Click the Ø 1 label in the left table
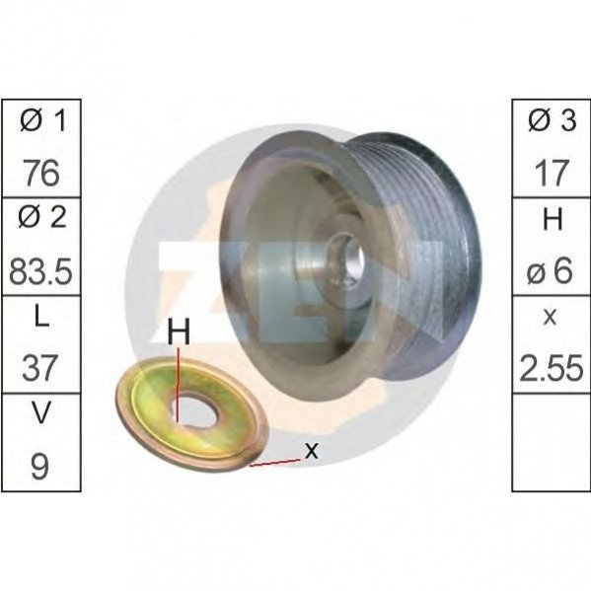pos(42,120)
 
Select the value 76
pos(41,173)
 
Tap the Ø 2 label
pos(42,217)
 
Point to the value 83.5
pos(40,271)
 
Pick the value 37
pos(40,368)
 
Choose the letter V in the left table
pos(39,412)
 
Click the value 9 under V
pos(39,467)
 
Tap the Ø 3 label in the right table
pos(552,120)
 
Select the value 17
pos(552,173)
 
